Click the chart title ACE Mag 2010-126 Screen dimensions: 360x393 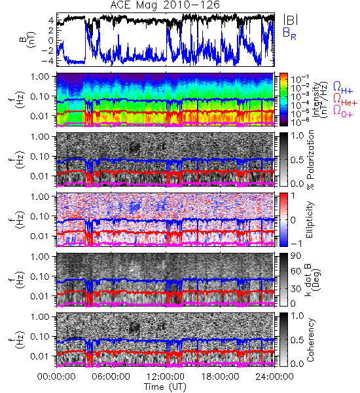[x=165, y=5]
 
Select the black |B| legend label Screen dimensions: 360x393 [x=291, y=20]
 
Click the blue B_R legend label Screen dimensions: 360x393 [x=289, y=33]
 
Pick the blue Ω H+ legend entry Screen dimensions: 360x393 [x=343, y=88]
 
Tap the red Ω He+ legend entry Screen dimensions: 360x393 [x=345, y=100]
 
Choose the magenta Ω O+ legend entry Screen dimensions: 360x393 [x=343, y=111]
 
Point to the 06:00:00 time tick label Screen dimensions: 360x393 [x=111, y=377]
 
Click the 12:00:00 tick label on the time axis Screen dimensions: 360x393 [x=166, y=377]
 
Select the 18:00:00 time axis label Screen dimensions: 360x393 [x=220, y=377]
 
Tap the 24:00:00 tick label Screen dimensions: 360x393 [x=274, y=377]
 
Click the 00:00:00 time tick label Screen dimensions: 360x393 [x=56, y=377]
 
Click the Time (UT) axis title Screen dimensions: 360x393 [x=166, y=387]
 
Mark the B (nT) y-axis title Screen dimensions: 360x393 [x=28, y=39]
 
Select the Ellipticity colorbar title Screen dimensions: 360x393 [x=310, y=219]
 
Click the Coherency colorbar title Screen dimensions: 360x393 [x=310, y=340]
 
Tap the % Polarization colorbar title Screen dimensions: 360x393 [x=310, y=160]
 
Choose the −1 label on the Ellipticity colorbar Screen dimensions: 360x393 [x=296, y=244]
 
